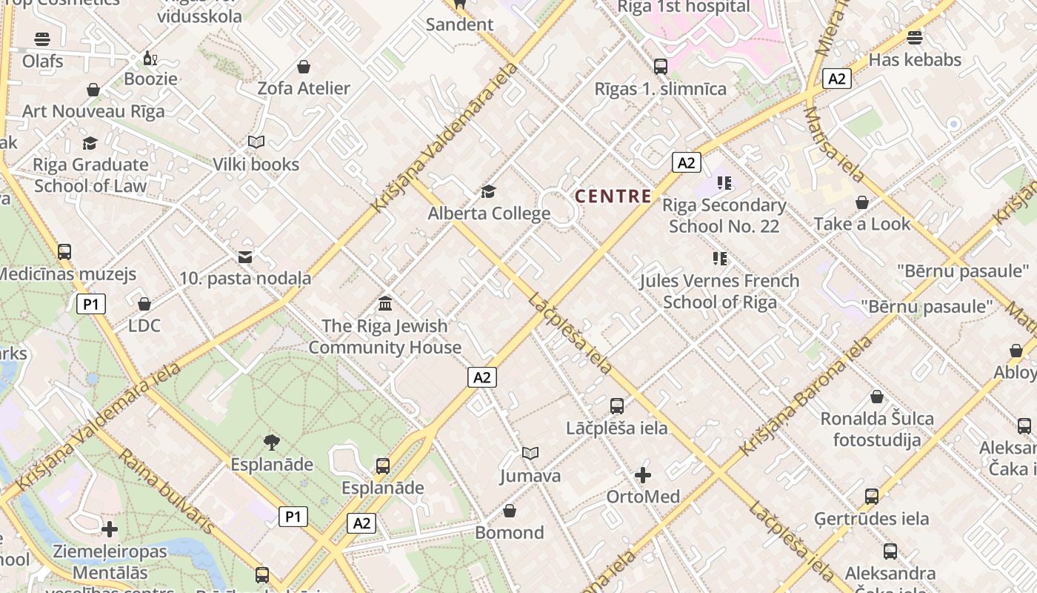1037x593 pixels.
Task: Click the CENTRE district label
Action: click(x=613, y=196)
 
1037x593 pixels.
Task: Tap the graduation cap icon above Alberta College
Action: click(x=488, y=192)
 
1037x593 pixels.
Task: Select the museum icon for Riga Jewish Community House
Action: click(x=385, y=303)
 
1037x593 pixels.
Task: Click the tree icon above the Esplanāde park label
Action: click(x=272, y=443)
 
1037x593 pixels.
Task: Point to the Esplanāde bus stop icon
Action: click(x=383, y=466)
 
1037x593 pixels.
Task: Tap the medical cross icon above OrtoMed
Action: click(x=643, y=474)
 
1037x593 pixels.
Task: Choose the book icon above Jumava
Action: click(x=530, y=453)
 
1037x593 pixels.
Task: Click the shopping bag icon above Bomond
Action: click(x=510, y=511)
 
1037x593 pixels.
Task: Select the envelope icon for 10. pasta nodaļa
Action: click(x=245, y=257)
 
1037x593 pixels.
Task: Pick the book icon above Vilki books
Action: click(x=256, y=142)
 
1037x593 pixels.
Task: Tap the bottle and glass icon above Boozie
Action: click(x=150, y=58)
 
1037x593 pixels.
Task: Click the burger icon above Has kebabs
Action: click(x=915, y=38)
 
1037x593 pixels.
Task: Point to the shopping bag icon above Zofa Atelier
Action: click(x=303, y=67)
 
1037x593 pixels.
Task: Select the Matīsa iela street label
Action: click(x=834, y=145)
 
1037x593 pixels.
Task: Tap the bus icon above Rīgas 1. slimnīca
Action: click(x=661, y=67)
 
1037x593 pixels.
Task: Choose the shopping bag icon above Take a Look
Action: click(x=862, y=202)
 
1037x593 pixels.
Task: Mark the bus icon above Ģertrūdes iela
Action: click(x=872, y=496)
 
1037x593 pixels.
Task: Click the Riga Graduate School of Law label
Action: click(x=91, y=175)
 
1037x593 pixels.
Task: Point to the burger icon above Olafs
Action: click(x=42, y=39)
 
